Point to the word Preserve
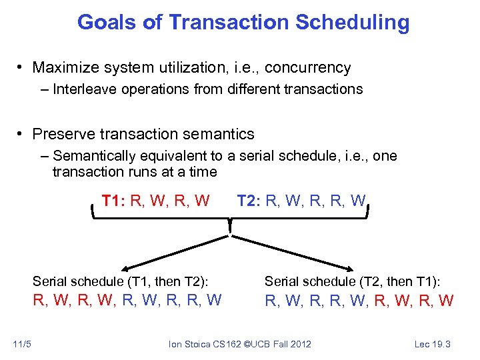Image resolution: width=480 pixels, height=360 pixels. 66,134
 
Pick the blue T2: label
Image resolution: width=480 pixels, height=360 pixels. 249,200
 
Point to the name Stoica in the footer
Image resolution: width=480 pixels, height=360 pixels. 197,344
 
